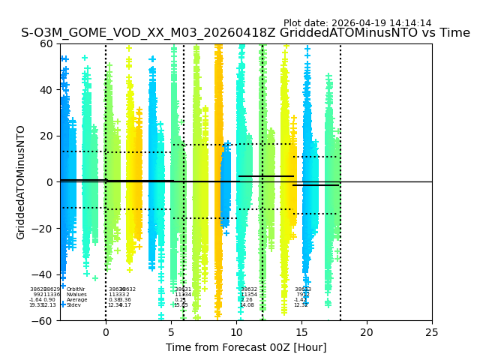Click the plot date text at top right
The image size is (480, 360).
tap(357, 23)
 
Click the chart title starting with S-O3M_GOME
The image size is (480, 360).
tap(245, 33)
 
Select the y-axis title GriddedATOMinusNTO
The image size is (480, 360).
tap(21, 182)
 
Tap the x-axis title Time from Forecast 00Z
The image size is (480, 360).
tap(246, 347)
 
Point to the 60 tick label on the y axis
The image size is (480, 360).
tap(46, 43)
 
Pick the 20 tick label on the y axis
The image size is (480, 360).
tap(46, 136)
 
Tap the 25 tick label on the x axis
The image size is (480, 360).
tap(432, 332)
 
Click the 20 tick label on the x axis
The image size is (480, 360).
tap(367, 332)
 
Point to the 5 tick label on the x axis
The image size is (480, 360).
tap(171, 332)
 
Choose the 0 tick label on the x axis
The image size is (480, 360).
tap(106, 332)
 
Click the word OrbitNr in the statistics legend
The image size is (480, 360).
tap(76, 289)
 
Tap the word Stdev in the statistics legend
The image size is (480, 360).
tap(73, 305)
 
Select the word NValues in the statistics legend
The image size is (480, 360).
tap(76, 295)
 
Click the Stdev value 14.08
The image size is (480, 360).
tap(247, 305)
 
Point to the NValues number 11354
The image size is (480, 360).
tap(249, 295)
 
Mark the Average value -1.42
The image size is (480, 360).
tap(301, 300)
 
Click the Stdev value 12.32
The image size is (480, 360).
tap(301, 305)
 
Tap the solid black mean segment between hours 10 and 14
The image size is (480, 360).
tap(266, 176)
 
